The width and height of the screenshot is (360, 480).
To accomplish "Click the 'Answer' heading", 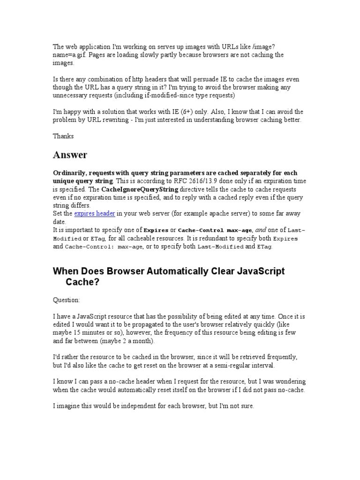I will click(70, 155).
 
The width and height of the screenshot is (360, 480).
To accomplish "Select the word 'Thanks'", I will click(63, 136).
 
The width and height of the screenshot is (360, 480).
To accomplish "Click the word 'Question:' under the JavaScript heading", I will click(67, 300).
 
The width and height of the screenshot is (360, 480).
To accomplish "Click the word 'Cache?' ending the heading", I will click(82, 283).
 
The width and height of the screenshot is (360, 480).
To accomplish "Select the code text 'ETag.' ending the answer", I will click(264, 247).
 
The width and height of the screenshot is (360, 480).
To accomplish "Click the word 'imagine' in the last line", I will click(68, 406).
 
